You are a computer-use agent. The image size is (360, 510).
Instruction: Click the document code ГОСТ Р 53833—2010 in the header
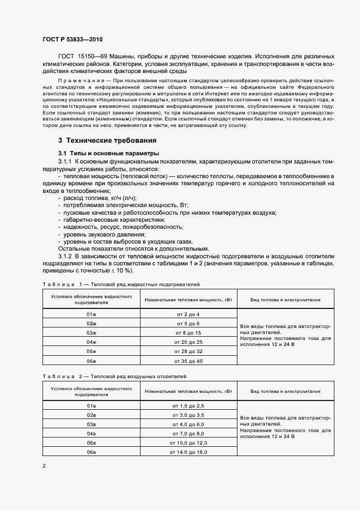[x=72, y=40]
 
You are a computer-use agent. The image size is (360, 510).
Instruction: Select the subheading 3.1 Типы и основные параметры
[x=108, y=153]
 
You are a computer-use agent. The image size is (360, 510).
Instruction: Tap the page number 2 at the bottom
[x=44, y=465]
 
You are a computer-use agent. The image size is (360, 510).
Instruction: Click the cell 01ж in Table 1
[x=91, y=314]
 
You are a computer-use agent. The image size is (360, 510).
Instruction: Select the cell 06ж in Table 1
[x=91, y=361]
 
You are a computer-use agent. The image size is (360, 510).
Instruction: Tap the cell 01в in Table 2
[x=91, y=406]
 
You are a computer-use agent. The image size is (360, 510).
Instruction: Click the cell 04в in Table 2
[x=91, y=434]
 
